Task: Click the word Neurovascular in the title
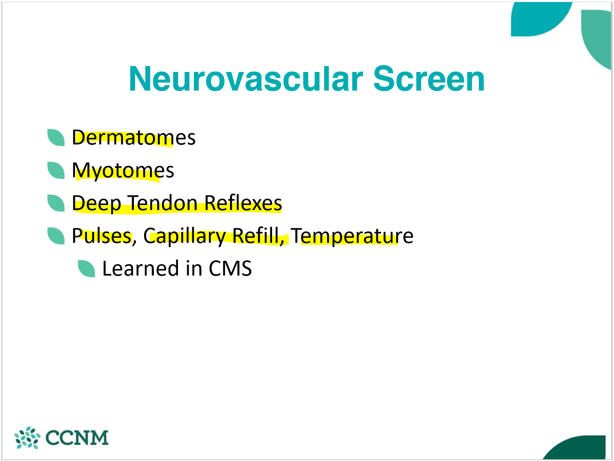tap(246, 79)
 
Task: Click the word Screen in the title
tap(428, 79)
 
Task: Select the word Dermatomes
tap(133, 138)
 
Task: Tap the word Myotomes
tap(123, 171)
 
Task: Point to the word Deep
tap(97, 203)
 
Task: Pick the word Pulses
tap(102, 236)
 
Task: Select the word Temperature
tap(352, 236)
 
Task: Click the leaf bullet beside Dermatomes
tap(56, 138)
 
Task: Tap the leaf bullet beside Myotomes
tap(56, 170)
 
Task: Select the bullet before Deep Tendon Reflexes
tap(56, 203)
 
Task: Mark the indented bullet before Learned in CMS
tap(86, 269)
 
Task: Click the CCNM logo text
tap(77, 438)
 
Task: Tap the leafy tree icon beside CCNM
tap(27, 438)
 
